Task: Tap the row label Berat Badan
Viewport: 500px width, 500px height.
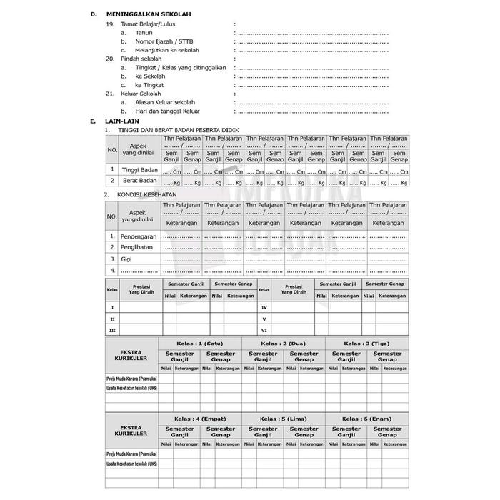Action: click(x=139, y=182)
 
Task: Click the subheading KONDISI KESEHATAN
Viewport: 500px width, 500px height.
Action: click(x=146, y=194)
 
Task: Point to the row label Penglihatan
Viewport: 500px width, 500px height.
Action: click(x=138, y=246)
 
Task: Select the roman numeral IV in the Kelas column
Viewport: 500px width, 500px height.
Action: click(x=264, y=306)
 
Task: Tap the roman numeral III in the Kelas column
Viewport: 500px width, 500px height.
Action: click(x=112, y=330)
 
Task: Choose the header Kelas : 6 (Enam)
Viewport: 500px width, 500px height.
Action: click(x=367, y=419)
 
